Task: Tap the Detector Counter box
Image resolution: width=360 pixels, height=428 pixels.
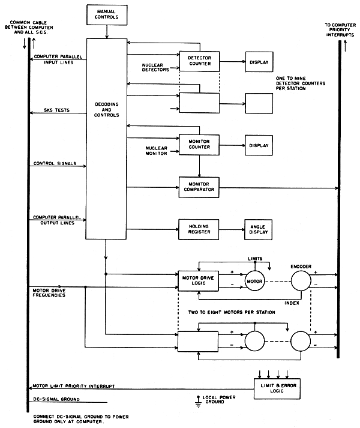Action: (x=200, y=62)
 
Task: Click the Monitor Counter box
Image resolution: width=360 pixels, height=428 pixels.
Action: (x=200, y=145)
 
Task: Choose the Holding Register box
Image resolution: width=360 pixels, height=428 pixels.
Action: (x=200, y=228)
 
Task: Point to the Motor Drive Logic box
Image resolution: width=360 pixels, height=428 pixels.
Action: (x=200, y=280)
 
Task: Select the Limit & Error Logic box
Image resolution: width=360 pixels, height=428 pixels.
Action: (x=275, y=388)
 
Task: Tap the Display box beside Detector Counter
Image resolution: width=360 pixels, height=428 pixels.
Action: (x=257, y=62)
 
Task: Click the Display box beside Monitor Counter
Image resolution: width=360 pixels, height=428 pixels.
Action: (x=257, y=145)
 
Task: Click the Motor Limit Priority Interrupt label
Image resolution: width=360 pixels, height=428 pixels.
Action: (x=71, y=386)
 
